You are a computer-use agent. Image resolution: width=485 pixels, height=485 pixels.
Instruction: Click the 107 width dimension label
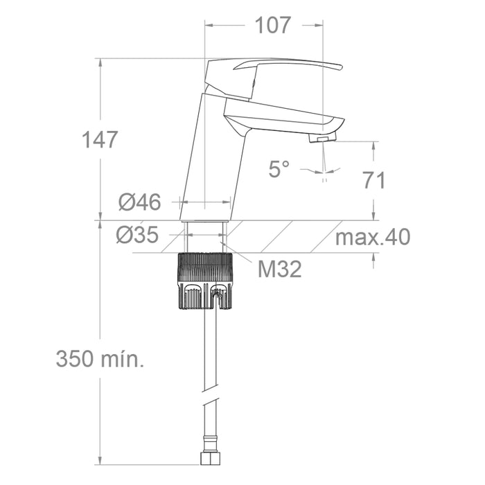(x=273, y=25)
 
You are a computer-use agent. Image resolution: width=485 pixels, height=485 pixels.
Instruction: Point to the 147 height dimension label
(x=100, y=139)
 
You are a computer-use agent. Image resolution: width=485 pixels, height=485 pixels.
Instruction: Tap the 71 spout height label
(x=374, y=180)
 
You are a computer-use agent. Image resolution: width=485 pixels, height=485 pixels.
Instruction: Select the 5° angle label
(x=279, y=169)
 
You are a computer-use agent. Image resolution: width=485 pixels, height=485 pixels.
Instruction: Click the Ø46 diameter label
(x=140, y=202)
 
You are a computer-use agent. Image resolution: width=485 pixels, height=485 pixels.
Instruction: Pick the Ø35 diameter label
(x=138, y=235)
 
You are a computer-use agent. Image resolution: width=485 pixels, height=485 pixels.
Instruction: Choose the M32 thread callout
(x=280, y=269)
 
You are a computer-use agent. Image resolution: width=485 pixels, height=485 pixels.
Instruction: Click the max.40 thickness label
(x=373, y=237)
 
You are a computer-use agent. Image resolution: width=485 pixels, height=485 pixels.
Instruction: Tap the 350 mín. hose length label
(x=100, y=359)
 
